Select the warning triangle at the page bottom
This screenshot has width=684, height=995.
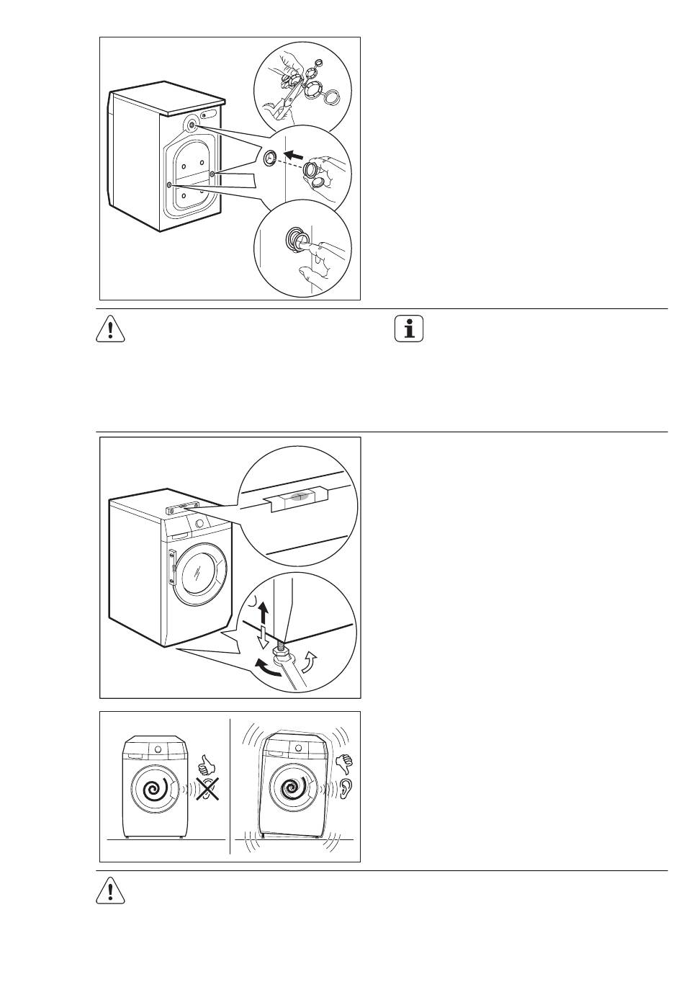click(x=110, y=891)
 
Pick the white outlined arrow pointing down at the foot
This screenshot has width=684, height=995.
click(x=263, y=638)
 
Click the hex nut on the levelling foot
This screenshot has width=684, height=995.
click(x=284, y=651)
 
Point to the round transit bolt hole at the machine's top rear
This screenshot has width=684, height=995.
click(x=192, y=125)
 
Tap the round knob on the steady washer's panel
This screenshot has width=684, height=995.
click(x=153, y=749)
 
